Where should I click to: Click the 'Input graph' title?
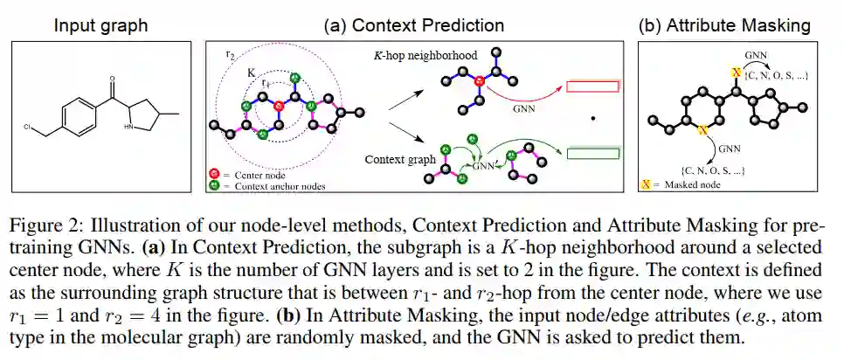(100, 25)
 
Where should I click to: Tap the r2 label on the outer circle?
(230, 54)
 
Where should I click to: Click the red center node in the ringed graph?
(279, 107)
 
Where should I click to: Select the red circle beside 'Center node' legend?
(215, 175)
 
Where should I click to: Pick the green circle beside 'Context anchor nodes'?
(215, 185)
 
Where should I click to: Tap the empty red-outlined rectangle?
(592, 87)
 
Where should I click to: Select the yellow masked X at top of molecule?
(736, 70)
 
